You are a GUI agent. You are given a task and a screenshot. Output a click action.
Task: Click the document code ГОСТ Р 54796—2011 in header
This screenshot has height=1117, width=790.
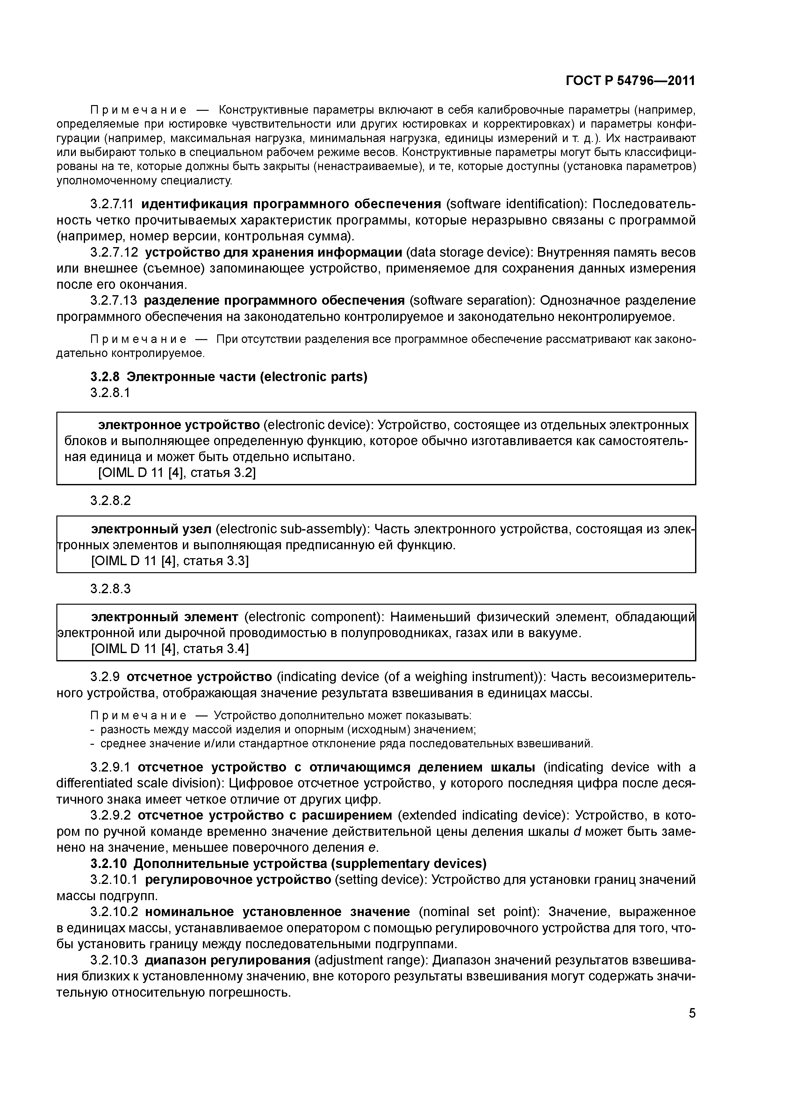[630, 81]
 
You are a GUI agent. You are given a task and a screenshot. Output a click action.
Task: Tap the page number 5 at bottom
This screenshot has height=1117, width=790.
[692, 1014]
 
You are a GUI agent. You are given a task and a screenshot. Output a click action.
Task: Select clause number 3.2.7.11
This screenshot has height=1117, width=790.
[113, 204]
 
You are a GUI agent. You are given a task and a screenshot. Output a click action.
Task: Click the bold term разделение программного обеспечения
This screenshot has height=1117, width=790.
[274, 300]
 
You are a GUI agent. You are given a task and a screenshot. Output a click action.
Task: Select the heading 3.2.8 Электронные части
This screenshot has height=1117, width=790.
[229, 377]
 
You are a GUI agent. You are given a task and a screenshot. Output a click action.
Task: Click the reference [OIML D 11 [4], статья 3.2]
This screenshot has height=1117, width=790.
[177, 473]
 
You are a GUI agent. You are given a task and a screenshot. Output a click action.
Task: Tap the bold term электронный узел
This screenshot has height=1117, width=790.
[151, 529]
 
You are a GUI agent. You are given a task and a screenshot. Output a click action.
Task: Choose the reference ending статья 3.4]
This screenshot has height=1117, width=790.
[170, 649]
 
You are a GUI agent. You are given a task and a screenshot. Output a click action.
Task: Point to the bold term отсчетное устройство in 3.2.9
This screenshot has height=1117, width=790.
[199, 677]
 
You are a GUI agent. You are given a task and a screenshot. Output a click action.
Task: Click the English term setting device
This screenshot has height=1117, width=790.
[380, 879]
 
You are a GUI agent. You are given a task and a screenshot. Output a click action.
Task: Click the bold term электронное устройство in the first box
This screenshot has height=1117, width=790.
[179, 425]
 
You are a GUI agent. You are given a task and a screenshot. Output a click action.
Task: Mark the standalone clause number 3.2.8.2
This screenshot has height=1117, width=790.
[111, 500]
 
